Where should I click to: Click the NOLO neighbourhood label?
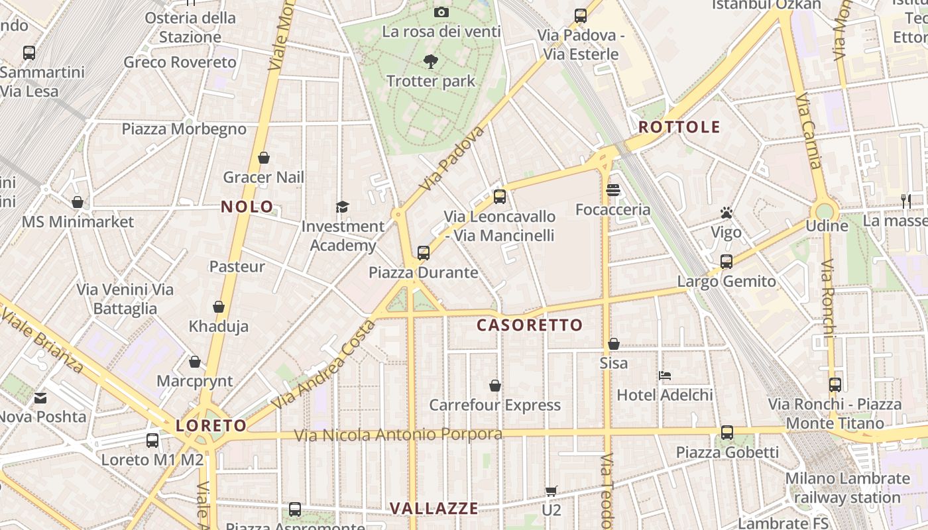(x=247, y=207)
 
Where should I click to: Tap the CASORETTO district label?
(x=529, y=325)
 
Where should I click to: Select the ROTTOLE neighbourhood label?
(x=679, y=127)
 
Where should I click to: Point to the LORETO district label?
(x=211, y=425)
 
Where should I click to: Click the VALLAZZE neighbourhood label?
(x=434, y=508)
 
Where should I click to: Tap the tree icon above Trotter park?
(x=431, y=62)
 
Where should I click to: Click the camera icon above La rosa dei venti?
(x=441, y=12)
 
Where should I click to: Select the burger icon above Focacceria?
(x=613, y=190)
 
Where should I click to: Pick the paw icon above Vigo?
(x=726, y=213)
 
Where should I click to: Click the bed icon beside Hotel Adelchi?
(x=665, y=376)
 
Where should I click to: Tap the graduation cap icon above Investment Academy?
(x=342, y=207)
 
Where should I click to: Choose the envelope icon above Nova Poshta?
(x=40, y=397)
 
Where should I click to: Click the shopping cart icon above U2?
(x=551, y=491)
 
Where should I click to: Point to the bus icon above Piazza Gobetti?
(x=727, y=433)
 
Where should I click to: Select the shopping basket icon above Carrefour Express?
(x=494, y=386)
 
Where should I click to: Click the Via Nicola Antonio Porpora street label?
(x=398, y=435)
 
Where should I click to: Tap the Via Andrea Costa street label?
(x=323, y=364)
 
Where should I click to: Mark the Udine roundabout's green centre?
(x=824, y=211)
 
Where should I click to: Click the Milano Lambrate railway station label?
(x=847, y=488)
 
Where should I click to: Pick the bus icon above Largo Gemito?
(x=726, y=262)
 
